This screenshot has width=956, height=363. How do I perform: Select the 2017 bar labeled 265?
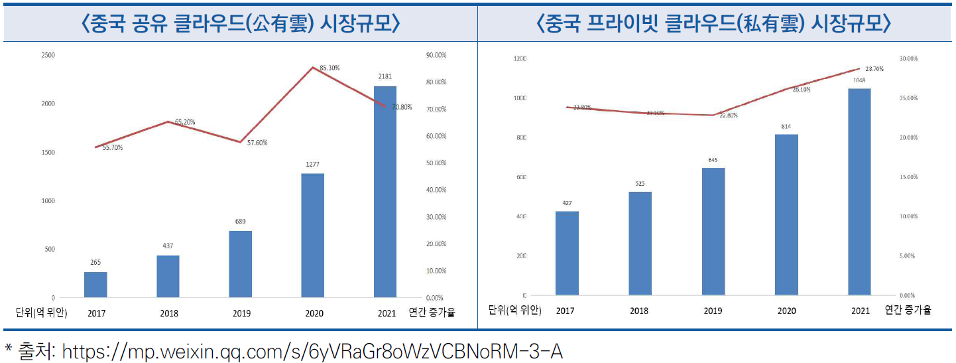(95, 285)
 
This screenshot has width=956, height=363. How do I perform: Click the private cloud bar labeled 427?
(567, 253)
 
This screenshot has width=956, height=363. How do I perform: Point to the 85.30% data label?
(329, 68)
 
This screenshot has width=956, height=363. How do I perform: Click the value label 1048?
(860, 80)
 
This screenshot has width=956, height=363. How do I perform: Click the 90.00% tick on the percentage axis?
(436, 55)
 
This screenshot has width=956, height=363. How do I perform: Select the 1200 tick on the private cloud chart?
(519, 59)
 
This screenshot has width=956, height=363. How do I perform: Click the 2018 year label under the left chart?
(168, 313)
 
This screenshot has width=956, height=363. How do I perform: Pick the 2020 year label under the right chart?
(786, 311)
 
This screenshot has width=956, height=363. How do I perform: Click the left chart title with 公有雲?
(240, 24)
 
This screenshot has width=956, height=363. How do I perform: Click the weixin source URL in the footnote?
(312, 351)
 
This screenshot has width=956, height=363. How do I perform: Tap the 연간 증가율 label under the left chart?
(432, 313)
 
